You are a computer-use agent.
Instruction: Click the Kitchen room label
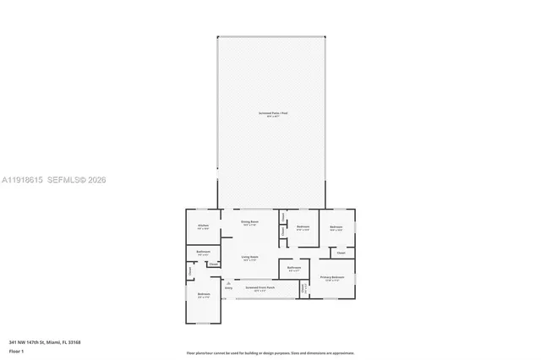click(x=203, y=226)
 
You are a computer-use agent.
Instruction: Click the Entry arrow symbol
click(x=228, y=281)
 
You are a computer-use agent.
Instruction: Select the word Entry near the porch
click(x=228, y=288)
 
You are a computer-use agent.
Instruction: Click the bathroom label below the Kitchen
click(x=203, y=252)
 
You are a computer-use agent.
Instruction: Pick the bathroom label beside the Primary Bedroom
click(x=294, y=268)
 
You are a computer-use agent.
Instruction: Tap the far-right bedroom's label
click(x=336, y=226)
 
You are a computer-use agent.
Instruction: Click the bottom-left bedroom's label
click(x=203, y=295)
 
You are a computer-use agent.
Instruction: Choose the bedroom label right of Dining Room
click(x=303, y=226)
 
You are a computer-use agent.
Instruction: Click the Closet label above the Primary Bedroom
click(x=341, y=253)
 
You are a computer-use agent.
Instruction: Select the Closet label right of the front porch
click(x=304, y=288)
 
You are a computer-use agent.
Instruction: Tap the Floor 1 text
click(x=17, y=350)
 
